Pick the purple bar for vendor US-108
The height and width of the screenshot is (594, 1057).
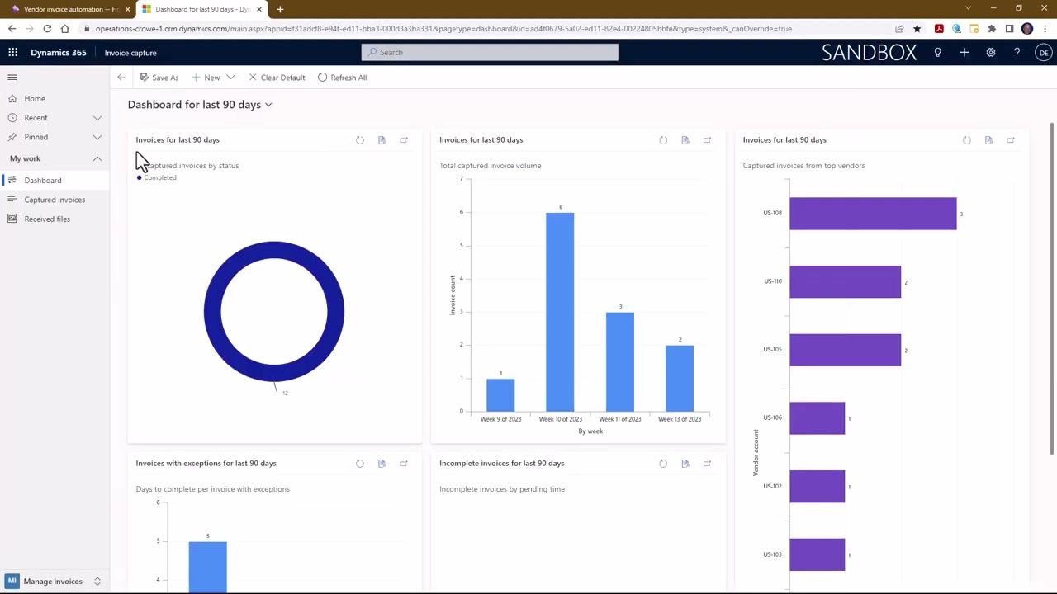click(873, 214)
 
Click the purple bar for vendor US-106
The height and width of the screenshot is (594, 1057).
click(817, 417)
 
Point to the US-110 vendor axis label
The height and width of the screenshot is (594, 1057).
click(772, 281)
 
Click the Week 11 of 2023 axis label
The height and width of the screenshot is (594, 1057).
click(619, 419)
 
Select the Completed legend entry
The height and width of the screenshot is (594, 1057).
click(159, 177)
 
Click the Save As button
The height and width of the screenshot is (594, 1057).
click(159, 78)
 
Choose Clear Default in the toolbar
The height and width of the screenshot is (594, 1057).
click(277, 78)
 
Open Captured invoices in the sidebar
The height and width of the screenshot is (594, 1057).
click(55, 200)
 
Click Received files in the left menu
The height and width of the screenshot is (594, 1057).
click(47, 219)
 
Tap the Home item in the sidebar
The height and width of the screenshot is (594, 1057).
click(35, 98)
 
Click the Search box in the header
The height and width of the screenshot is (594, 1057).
click(490, 52)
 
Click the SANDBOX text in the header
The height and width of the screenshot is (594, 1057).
click(869, 52)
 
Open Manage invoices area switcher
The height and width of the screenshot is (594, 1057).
click(54, 582)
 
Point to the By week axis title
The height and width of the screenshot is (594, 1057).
click(590, 431)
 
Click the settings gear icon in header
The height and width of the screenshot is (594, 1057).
click(990, 53)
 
